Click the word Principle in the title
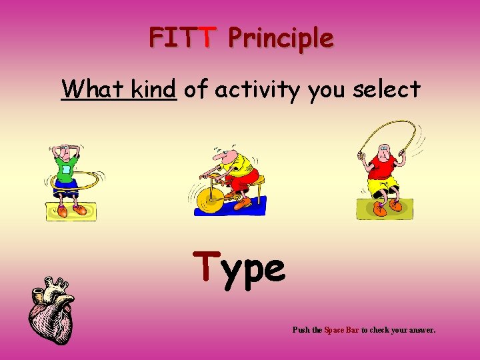pos(280,39)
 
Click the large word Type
pos(239,268)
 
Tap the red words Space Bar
pos(341,330)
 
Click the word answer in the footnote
pos(419,330)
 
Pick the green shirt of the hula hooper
pos(67,169)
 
